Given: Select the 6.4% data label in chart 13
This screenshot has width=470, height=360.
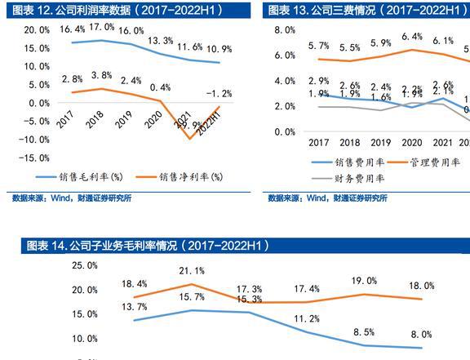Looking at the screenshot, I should (412, 37).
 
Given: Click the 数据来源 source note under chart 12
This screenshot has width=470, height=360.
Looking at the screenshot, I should (72, 198).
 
